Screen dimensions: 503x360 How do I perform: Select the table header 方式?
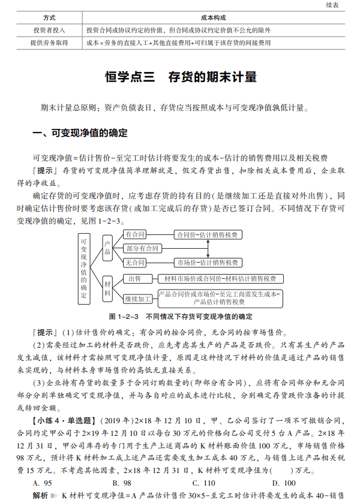click(49, 18)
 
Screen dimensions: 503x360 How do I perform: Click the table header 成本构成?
click(214, 18)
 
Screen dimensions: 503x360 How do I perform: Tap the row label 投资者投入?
click(49, 30)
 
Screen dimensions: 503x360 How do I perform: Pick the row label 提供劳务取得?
click(49, 43)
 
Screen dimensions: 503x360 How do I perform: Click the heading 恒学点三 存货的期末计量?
click(181, 77)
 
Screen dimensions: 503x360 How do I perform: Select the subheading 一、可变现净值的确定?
click(79, 133)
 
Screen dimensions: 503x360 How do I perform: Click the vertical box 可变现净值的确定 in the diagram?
click(84, 266)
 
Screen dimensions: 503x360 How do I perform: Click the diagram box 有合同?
click(135, 234)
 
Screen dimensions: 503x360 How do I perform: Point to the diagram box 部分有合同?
click(142, 248)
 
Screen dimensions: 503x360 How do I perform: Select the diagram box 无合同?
click(135, 263)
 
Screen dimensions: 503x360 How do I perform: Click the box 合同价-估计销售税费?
click(206, 234)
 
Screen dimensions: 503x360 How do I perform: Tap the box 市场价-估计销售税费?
click(206, 263)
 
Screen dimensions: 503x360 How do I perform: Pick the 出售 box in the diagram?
click(135, 278)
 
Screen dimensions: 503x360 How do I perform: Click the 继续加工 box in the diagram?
click(138, 298)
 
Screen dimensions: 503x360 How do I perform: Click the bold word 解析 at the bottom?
click(40, 496)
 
